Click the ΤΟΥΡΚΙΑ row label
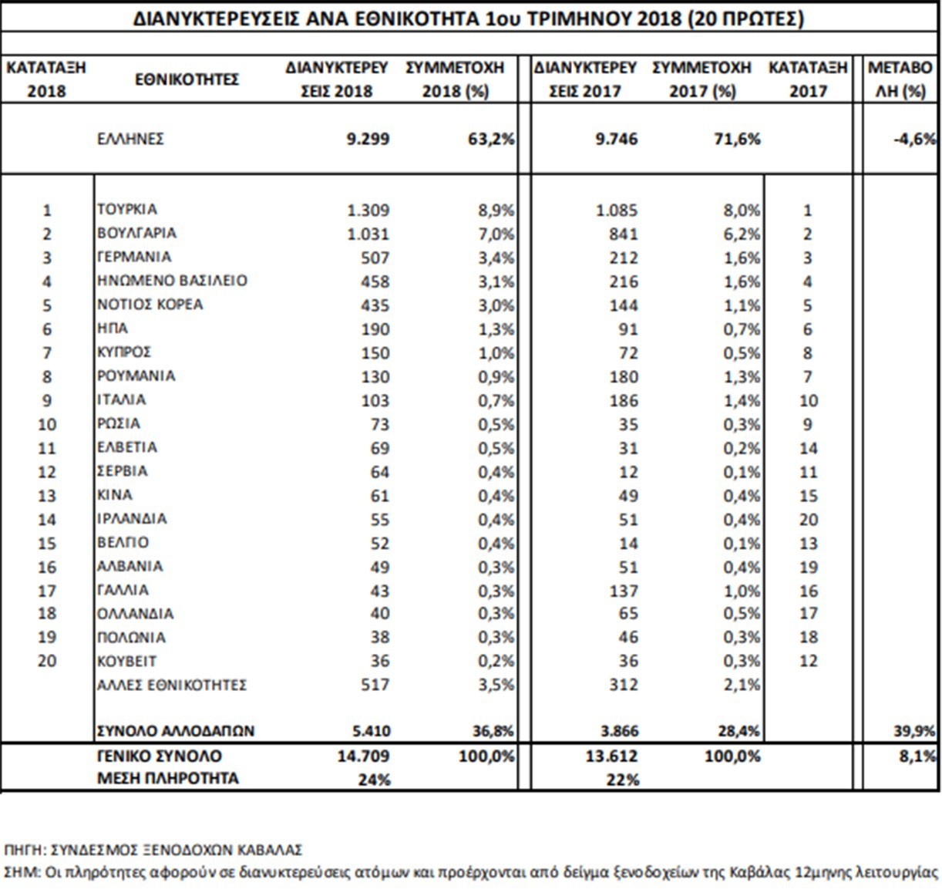(x=127, y=210)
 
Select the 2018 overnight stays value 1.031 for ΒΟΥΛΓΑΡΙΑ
(x=368, y=234)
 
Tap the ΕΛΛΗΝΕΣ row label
(x=130, y=139)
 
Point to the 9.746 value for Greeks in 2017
(x=617, y=139)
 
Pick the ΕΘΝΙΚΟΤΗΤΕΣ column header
(x=187, y=79)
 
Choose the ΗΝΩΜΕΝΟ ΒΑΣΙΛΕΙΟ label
(x=173, y=281)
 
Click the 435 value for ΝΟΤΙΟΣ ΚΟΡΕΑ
(x=375, y=305)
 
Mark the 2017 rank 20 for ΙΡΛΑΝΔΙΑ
(x=809, y=520)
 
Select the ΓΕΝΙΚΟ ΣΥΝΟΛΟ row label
(x=160, y=756)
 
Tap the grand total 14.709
(x=364, y=756)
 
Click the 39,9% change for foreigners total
(x=915, y=731)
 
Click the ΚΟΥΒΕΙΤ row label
(x=127, y=662)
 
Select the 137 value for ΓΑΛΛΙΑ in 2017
(x=624, y=591)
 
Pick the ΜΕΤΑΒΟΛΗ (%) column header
(x=901, y=79)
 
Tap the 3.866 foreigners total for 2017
(x=617, y=731)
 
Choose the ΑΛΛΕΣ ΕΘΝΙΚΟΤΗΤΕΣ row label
(x=172, y=685)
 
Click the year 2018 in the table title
(x=659, y=19)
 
